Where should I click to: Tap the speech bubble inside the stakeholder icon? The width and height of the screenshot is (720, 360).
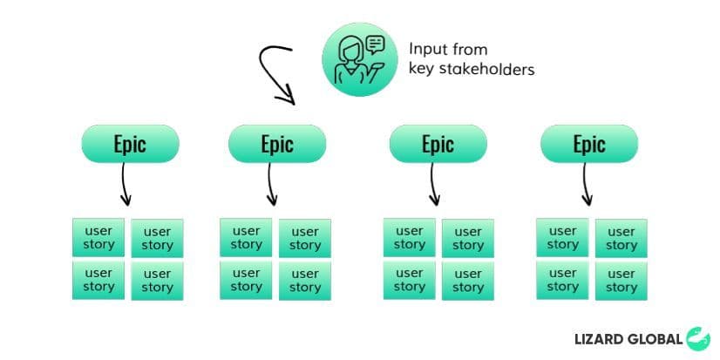pos(376,44)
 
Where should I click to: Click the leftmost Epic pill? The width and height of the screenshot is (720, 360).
pos(130,144)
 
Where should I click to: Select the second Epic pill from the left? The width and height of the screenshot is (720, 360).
pos(276,144)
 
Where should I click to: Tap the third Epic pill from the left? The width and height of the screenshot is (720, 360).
pos(438,144)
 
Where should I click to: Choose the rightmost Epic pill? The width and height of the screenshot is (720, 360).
pos(589,144)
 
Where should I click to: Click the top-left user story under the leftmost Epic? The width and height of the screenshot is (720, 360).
pos(98,238)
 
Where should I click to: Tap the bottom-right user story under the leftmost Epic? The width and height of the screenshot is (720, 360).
pos(157,280)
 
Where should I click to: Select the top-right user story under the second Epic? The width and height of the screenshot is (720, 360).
pos(305,238)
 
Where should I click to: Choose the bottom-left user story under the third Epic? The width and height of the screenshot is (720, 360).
pos(409,280)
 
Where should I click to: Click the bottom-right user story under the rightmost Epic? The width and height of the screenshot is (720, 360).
pos(621,280)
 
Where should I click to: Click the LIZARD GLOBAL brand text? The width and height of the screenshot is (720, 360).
pos(628,339)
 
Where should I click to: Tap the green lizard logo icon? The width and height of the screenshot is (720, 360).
pos(698,338)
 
